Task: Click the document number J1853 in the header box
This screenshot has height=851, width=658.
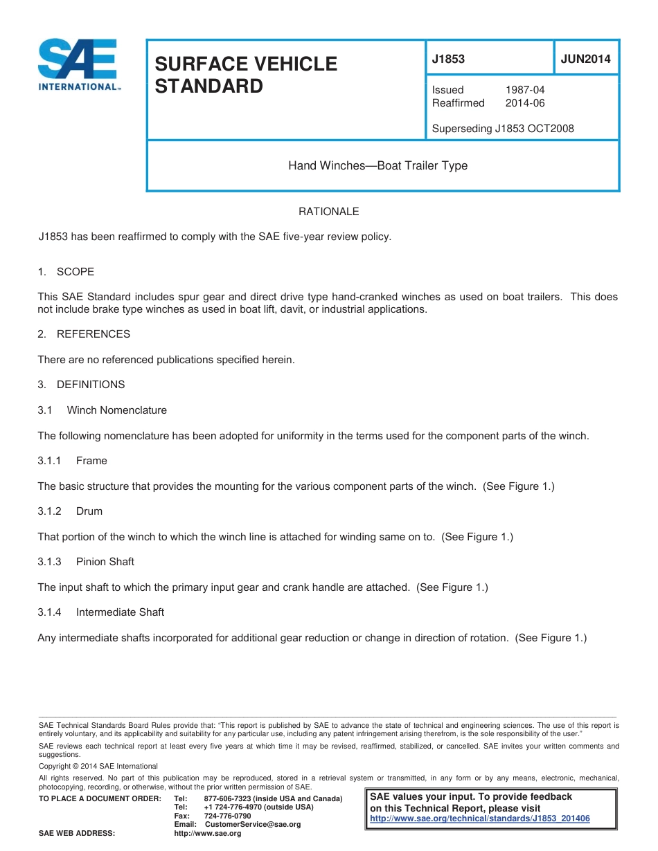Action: coord(448,59)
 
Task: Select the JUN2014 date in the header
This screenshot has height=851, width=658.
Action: coord(585,59)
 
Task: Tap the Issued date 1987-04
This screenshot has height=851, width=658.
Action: coord(524,90)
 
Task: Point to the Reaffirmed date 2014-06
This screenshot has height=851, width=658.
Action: coord(524,103)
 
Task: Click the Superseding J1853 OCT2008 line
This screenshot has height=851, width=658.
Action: coord(502,129)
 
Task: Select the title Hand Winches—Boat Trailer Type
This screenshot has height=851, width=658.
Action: coord(377,166)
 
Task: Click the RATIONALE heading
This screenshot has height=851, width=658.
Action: coord(328,212)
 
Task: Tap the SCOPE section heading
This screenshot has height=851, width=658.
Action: coord(75,272)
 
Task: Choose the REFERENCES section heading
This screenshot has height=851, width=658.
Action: coord(93,334)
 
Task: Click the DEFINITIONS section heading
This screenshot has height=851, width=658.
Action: coord(91,385)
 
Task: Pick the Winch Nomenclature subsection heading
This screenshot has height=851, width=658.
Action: coord(116,410)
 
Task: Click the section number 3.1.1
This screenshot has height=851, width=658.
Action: coord(49,461)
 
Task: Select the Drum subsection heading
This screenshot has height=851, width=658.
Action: coord(89,511)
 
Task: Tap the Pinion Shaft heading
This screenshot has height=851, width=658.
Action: coord(105,562)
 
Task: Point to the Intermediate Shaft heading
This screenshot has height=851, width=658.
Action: coord(120,612)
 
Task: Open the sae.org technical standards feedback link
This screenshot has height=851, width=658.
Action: coord(480,818)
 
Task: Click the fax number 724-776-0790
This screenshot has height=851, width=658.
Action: coord(227,816)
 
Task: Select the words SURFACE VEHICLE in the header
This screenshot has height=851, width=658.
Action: coord(245,64)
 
